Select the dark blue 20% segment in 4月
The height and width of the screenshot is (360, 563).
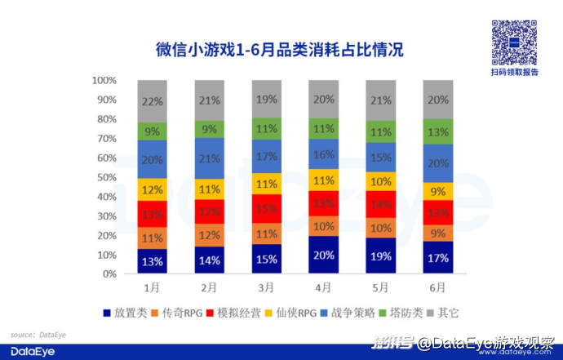[324, 255]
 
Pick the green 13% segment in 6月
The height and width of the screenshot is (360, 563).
[437, 132]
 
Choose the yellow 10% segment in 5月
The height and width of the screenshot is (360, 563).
[381, 181]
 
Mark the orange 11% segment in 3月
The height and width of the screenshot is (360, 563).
[267, 233]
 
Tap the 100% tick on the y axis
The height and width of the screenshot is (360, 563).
[104, 81]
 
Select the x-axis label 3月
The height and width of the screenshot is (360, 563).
[267, 287]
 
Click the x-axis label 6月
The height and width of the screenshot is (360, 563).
[437, 287]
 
